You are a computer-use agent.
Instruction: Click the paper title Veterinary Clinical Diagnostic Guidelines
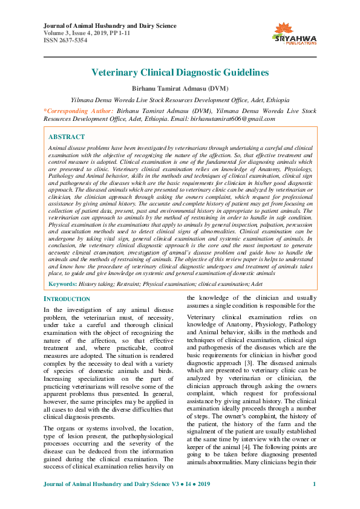[180, 73]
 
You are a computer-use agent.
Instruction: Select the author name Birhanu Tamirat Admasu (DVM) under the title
[180, 88]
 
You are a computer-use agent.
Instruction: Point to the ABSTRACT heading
[67, 137]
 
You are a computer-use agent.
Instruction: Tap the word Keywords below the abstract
[62, 283]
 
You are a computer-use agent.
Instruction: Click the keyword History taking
[94, 283]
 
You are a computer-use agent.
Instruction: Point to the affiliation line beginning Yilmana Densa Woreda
[180, 99]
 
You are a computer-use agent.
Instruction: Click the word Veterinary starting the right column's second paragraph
[204, 318]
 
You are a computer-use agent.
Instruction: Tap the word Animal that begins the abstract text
[59, 148]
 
